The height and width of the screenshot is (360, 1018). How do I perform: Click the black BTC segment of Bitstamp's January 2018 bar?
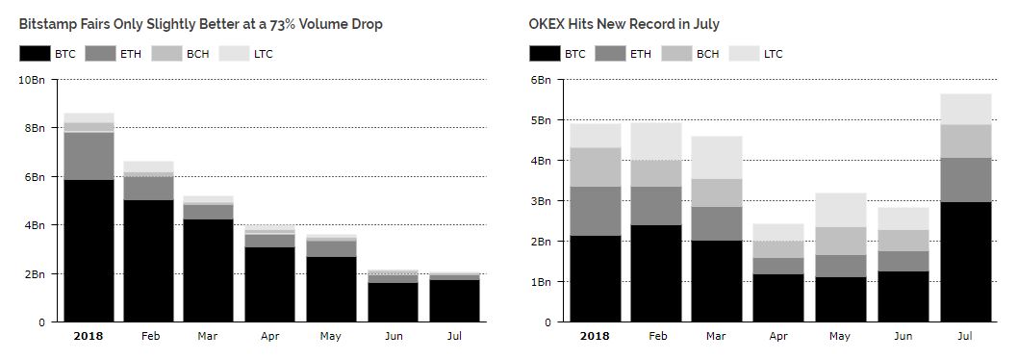[89, 251]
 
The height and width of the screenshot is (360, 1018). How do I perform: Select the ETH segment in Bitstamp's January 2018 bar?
[89, 156]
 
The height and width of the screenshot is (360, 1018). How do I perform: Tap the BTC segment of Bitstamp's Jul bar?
[454, 301]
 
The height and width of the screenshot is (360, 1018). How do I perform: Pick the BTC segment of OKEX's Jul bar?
[966, 262]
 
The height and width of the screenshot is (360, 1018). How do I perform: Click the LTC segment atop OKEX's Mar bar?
[717, 157]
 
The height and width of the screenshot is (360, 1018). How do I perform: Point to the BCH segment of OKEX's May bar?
[841, 241]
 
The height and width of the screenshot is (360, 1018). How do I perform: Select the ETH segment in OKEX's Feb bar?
[655, 206]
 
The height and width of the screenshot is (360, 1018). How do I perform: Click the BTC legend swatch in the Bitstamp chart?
[35, 53]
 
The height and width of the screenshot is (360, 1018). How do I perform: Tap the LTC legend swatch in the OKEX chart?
[744, 53]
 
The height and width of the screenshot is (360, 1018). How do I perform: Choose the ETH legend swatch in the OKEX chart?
[610, 53]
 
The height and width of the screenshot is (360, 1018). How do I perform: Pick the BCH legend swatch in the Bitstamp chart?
[166, 53]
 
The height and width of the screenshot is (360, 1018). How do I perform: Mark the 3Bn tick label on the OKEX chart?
[542, 201]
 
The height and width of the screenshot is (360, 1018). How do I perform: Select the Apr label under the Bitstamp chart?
[271, 337]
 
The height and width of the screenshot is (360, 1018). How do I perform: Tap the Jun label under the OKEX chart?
[903, 337]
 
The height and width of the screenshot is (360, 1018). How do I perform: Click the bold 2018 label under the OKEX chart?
[594, 337]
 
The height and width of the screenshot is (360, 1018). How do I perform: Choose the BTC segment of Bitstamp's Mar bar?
[208, 271]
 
